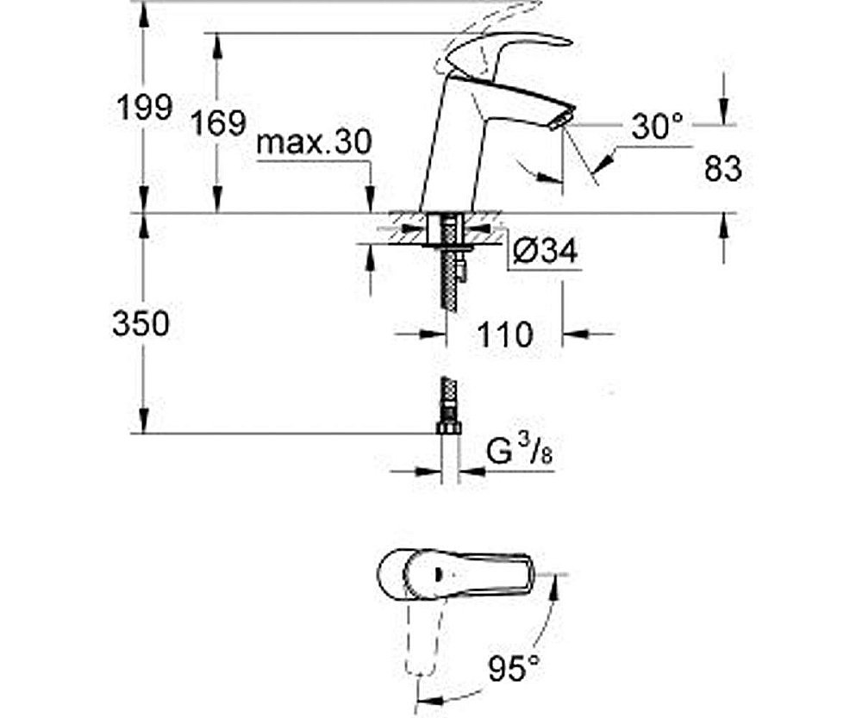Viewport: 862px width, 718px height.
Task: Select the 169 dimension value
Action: [219, 122]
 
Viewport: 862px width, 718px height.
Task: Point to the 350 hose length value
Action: [141, 323]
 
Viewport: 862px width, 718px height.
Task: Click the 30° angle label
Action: [656, 128]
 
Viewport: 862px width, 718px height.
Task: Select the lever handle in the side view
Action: [509, 47]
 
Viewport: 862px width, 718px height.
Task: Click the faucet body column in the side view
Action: [448, 147]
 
